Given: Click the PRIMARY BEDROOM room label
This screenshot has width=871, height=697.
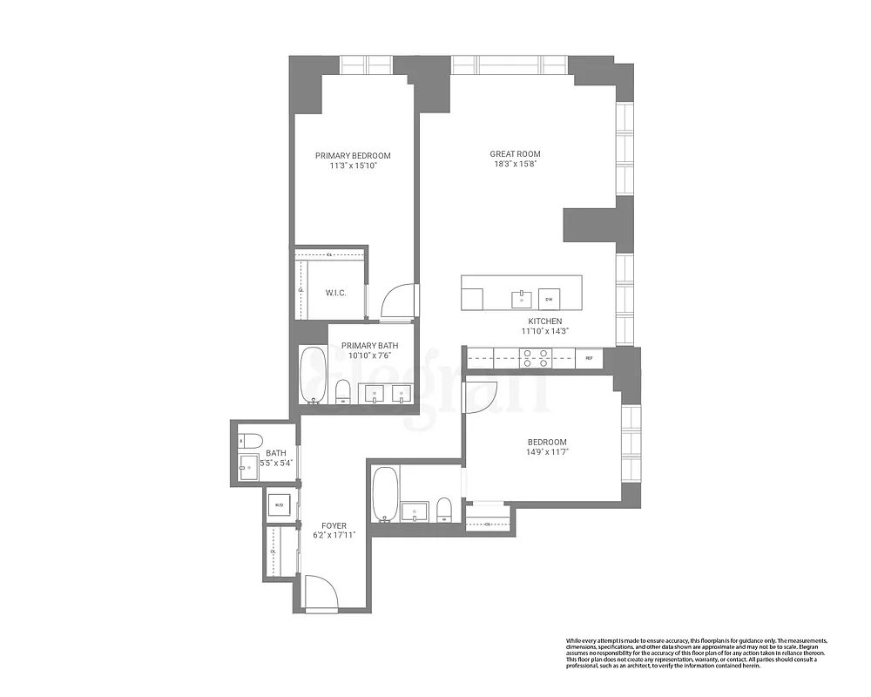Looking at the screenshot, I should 353,156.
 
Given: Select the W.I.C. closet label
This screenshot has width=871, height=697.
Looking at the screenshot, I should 336,293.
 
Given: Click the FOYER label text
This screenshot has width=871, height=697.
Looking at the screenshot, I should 334,526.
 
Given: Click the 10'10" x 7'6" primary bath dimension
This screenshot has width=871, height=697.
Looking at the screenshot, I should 369,355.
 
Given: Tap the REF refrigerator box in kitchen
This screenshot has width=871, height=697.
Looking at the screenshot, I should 589,357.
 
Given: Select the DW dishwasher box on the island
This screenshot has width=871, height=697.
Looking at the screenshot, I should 549,299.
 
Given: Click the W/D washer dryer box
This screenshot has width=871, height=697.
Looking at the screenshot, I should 279,505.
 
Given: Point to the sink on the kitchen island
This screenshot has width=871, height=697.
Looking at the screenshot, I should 522,298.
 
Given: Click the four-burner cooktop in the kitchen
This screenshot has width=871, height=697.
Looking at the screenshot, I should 534,357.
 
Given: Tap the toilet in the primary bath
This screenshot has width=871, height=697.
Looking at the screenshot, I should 342,390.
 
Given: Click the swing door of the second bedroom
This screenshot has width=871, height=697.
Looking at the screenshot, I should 482,394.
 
